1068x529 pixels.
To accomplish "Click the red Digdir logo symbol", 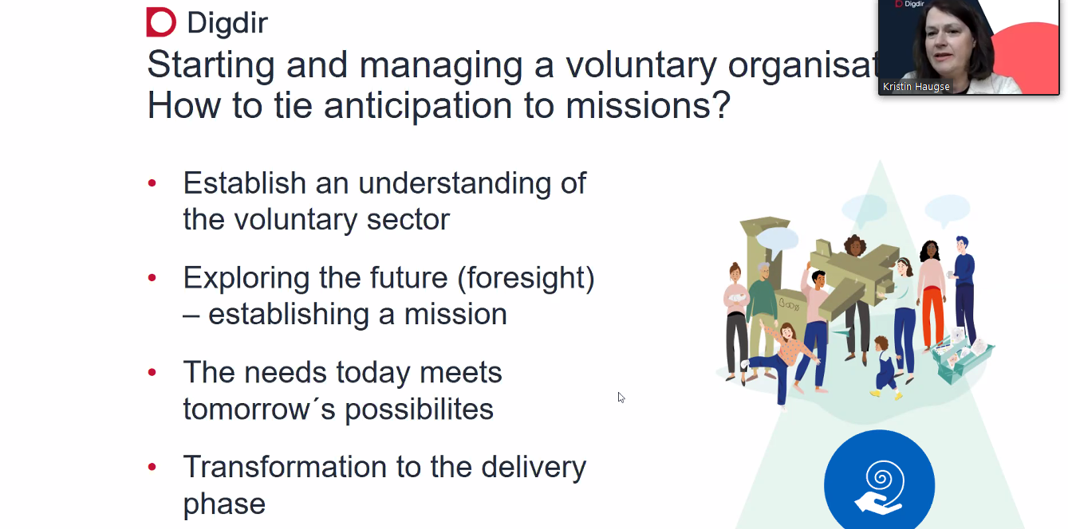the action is pyautogui.click(x=161, y=22).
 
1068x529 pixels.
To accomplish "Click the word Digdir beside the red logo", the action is pyautogui.click(x=227, y=22).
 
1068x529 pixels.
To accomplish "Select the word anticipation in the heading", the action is pyautogui.click(x=418, y=105).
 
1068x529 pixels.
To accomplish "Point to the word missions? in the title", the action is pyautogui.click(x=648, y=105).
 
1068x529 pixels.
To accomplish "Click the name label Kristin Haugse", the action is pyautogui.click(x=916, y=87).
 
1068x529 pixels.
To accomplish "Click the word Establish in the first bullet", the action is pyautogui.click(x=245, y=183).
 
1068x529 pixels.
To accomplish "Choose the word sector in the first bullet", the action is pyautogui.click(x=408, y=220).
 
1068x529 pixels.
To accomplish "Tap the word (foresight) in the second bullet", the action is pyautogui.click(x=526, y=278).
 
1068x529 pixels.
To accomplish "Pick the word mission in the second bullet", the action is pyautogui.click(x=455, y=314).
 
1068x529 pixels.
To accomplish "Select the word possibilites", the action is pyautogui.click(x=419, y=409).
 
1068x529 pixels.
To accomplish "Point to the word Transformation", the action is pyautogui.click(x=285, y=467).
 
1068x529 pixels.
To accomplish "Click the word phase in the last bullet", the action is pyautogui.click(x=225, y=504).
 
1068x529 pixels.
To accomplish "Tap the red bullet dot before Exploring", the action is pyautogui.click(x=152, y=277).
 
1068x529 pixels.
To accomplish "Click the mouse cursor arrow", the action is pyautogui.click(x=621, y=398).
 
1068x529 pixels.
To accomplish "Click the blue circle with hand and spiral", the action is pyautogui.click(x=880, y=481).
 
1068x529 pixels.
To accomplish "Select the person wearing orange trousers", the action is pyautogui.click(x=932, y=296).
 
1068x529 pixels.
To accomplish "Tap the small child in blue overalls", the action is pyautogui.click(x=885, y=367).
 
